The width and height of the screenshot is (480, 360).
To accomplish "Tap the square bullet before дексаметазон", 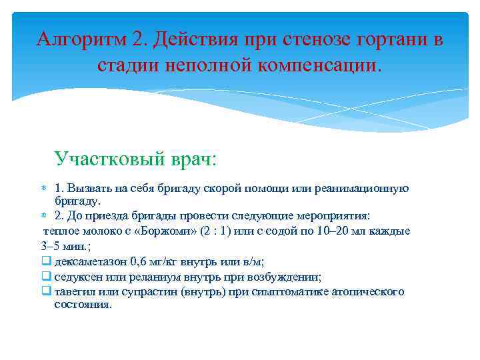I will point(46,261).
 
